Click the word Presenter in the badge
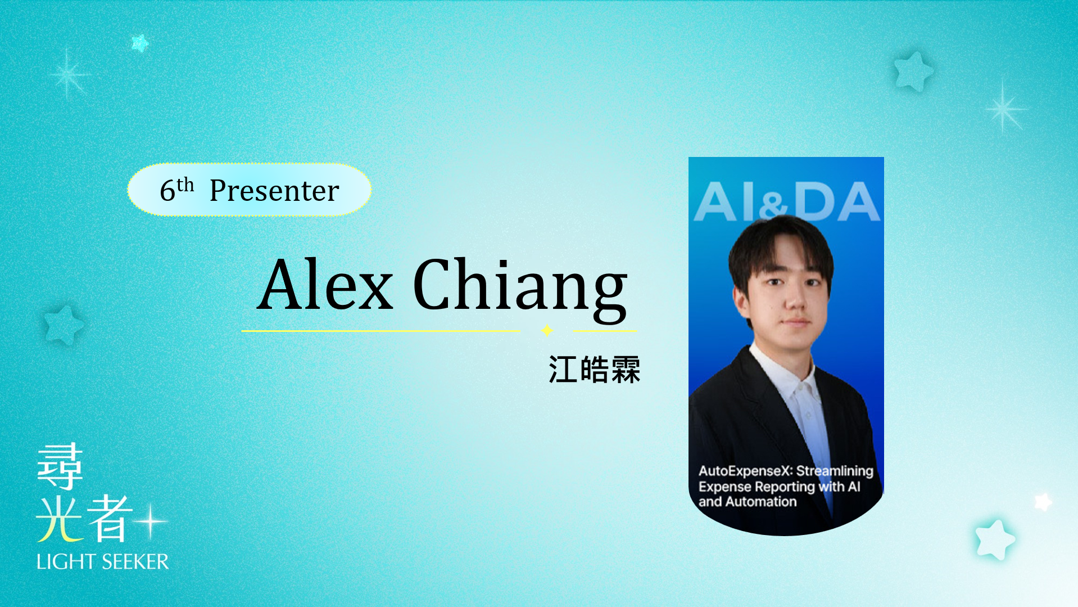(274, 190)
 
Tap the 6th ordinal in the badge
(176, 189)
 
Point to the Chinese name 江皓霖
(594, 370)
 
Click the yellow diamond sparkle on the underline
(547, 330)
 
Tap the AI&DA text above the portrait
(786, 201)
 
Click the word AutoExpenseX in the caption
(745, 471)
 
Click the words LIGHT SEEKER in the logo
(102, 561)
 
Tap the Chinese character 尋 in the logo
(60, 466)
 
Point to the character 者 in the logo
(110, 519)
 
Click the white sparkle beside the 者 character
(151, 521)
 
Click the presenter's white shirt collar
(787, 374)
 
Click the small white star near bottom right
(1043, 501)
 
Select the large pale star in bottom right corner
(995, 539)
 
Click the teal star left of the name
(64, 325)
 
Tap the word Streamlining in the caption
(835, 471)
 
